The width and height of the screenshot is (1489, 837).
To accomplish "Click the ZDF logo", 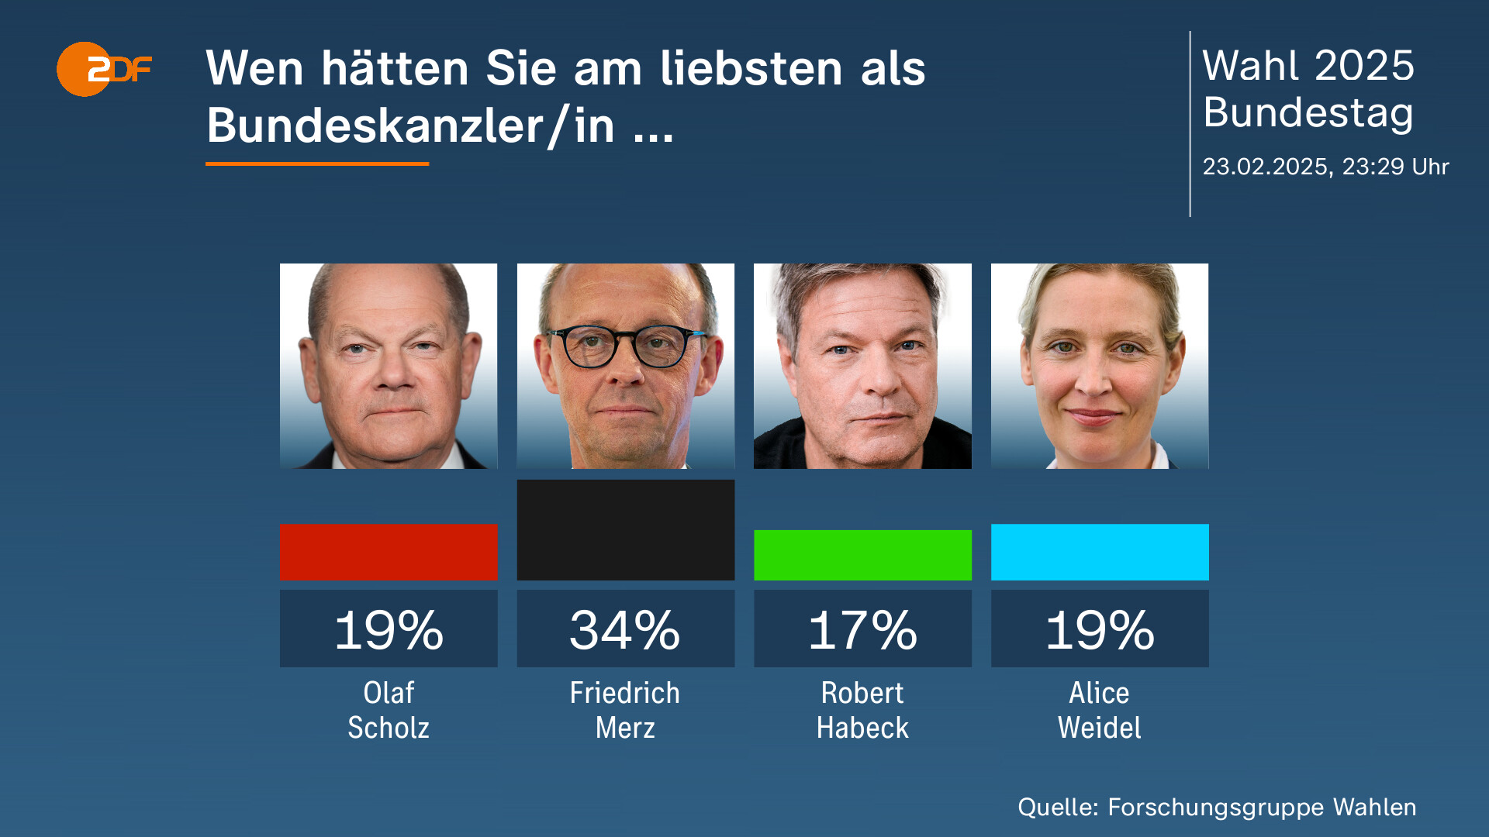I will [104, 69].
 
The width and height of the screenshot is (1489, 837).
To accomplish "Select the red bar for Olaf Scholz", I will [389, 552].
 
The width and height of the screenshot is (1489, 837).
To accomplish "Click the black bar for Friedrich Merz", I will [625, 530].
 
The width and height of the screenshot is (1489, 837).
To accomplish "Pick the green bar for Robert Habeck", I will [862, 555].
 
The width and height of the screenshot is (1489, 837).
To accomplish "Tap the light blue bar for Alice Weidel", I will [1100, 552].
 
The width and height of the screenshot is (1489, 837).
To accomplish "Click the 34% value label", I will [625, 629].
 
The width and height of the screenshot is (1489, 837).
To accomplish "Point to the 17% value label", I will [862, 629].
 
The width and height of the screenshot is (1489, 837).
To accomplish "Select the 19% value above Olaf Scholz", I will [389, 629].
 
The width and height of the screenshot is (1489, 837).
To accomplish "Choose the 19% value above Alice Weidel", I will [1100, 629].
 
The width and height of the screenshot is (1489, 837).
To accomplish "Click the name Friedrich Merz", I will [625, 710].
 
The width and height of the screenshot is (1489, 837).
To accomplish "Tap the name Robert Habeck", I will [862, 710].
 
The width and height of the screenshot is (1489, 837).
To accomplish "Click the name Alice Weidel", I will [1100, 710].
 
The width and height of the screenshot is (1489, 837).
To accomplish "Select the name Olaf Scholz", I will [389, 710].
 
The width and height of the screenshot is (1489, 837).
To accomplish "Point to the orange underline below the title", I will [317, 164].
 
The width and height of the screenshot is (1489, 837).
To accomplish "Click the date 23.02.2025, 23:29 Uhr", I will [1325, 167].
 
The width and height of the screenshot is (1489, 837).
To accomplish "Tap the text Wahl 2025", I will [1308, 65].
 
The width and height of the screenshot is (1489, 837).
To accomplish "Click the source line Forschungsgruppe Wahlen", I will [1216, 807].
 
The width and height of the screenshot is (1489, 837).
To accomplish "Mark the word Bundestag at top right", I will [1308, 112].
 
